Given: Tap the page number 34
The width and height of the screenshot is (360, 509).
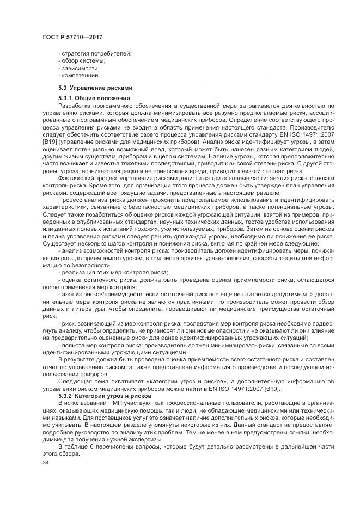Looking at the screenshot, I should [x=45, y=463].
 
